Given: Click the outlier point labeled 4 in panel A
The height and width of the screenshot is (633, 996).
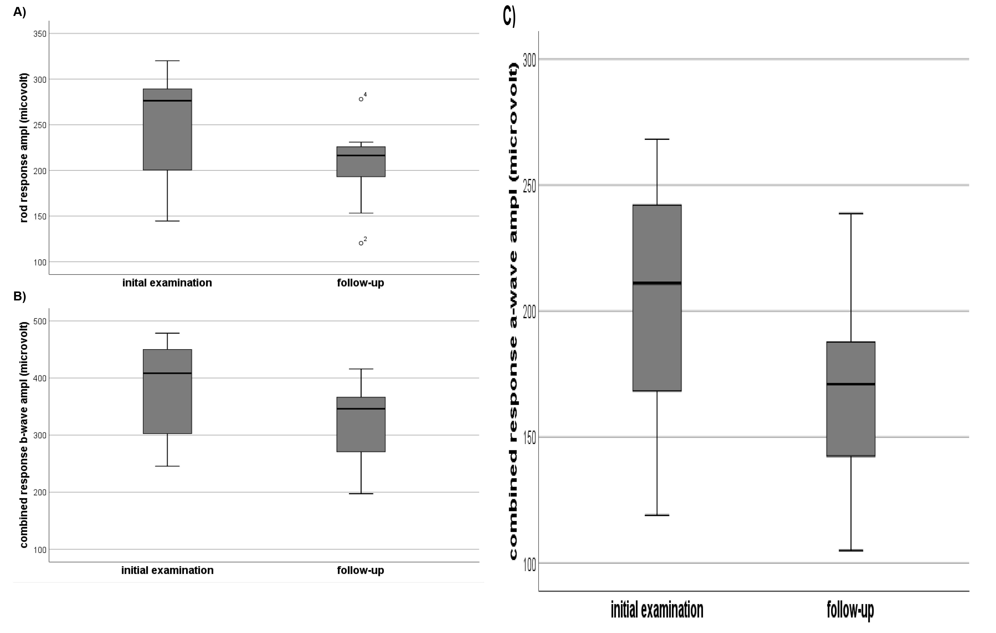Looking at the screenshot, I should tap(361, 99).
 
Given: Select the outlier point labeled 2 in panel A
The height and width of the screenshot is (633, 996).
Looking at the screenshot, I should tap(361, 243).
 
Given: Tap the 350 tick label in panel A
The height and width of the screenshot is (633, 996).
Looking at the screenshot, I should tap(40, 34).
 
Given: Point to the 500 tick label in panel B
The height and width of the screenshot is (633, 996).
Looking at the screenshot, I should tap(40, 321).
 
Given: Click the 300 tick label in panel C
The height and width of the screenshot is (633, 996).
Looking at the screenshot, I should tap(529, 60).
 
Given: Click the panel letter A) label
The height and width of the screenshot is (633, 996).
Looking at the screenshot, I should tap(19, 12).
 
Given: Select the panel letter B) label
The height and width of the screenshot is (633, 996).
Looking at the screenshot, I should tap(19, 296).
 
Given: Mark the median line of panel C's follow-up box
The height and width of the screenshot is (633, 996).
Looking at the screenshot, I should tap(851, 384).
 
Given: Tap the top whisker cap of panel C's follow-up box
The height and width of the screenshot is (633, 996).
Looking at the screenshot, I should tap(851, 214).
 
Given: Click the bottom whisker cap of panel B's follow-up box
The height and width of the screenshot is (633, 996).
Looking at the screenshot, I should tap(361, 494).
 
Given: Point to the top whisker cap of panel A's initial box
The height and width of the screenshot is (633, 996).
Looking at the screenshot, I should tap(167, 61).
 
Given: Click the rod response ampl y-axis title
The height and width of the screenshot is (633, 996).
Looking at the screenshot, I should tap(24, 148).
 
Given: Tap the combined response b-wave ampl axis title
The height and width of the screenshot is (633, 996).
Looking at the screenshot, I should tap(24, 435).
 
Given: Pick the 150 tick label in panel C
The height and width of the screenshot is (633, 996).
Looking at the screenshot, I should tap(529, 438).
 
